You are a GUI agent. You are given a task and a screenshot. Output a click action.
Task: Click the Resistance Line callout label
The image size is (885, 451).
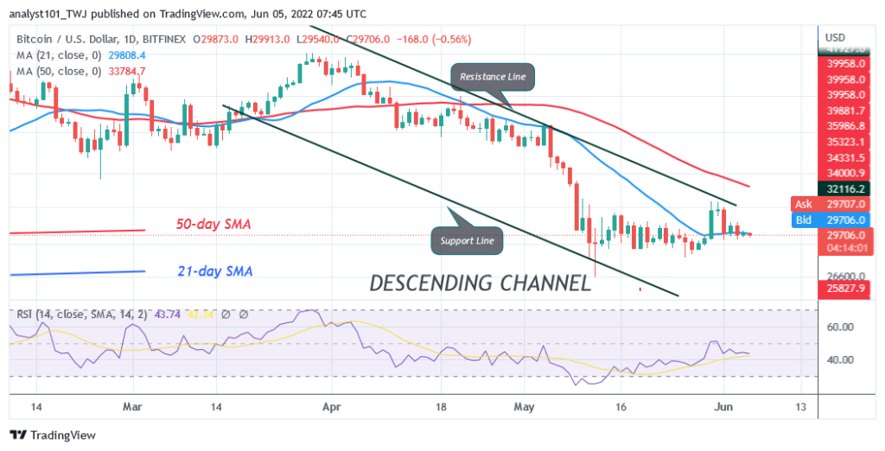click(492, 77)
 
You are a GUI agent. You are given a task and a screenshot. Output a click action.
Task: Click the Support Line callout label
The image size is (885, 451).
click(466, 240)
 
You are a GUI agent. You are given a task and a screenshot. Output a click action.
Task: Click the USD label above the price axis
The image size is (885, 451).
click(836, 38)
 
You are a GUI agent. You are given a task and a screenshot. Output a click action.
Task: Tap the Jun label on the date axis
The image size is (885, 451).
click(725, 406)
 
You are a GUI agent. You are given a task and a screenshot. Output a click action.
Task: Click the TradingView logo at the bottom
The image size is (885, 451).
click(53, 435)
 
